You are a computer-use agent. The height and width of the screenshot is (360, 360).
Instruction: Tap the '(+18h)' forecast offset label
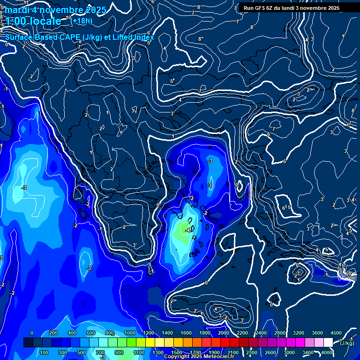coord(81,21)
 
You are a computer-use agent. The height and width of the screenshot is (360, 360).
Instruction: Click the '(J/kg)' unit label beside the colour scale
coord(347,343)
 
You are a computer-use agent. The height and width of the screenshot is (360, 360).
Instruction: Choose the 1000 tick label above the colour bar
coord(129,333)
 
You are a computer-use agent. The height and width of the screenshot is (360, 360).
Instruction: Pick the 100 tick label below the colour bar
coord(45,352)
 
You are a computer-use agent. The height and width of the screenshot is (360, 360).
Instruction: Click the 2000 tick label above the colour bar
coord(223,333)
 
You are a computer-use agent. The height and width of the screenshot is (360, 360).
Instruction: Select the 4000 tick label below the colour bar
coord(327,352)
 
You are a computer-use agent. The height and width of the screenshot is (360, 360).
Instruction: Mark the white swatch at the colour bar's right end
coord(328,343)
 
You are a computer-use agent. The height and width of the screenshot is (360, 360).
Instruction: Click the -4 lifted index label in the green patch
coord(187,230)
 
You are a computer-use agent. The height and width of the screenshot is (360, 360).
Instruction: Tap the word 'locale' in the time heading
coord(44,21)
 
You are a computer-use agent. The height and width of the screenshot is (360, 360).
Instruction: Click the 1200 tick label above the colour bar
coord(148,333)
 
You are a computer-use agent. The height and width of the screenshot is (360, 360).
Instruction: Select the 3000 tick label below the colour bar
coord(289,352)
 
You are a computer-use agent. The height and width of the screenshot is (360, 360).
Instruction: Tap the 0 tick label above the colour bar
coord(32,333)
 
